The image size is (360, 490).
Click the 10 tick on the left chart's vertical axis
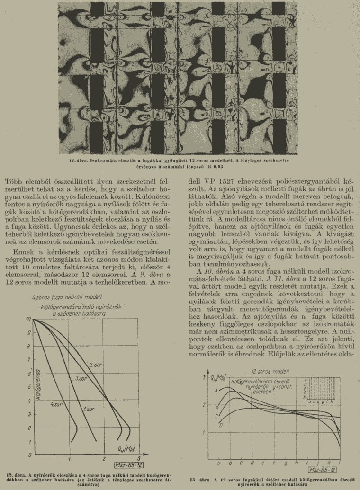point(29,320)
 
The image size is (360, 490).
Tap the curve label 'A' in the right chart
point(216,390)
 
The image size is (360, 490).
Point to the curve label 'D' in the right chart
point(221,425)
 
